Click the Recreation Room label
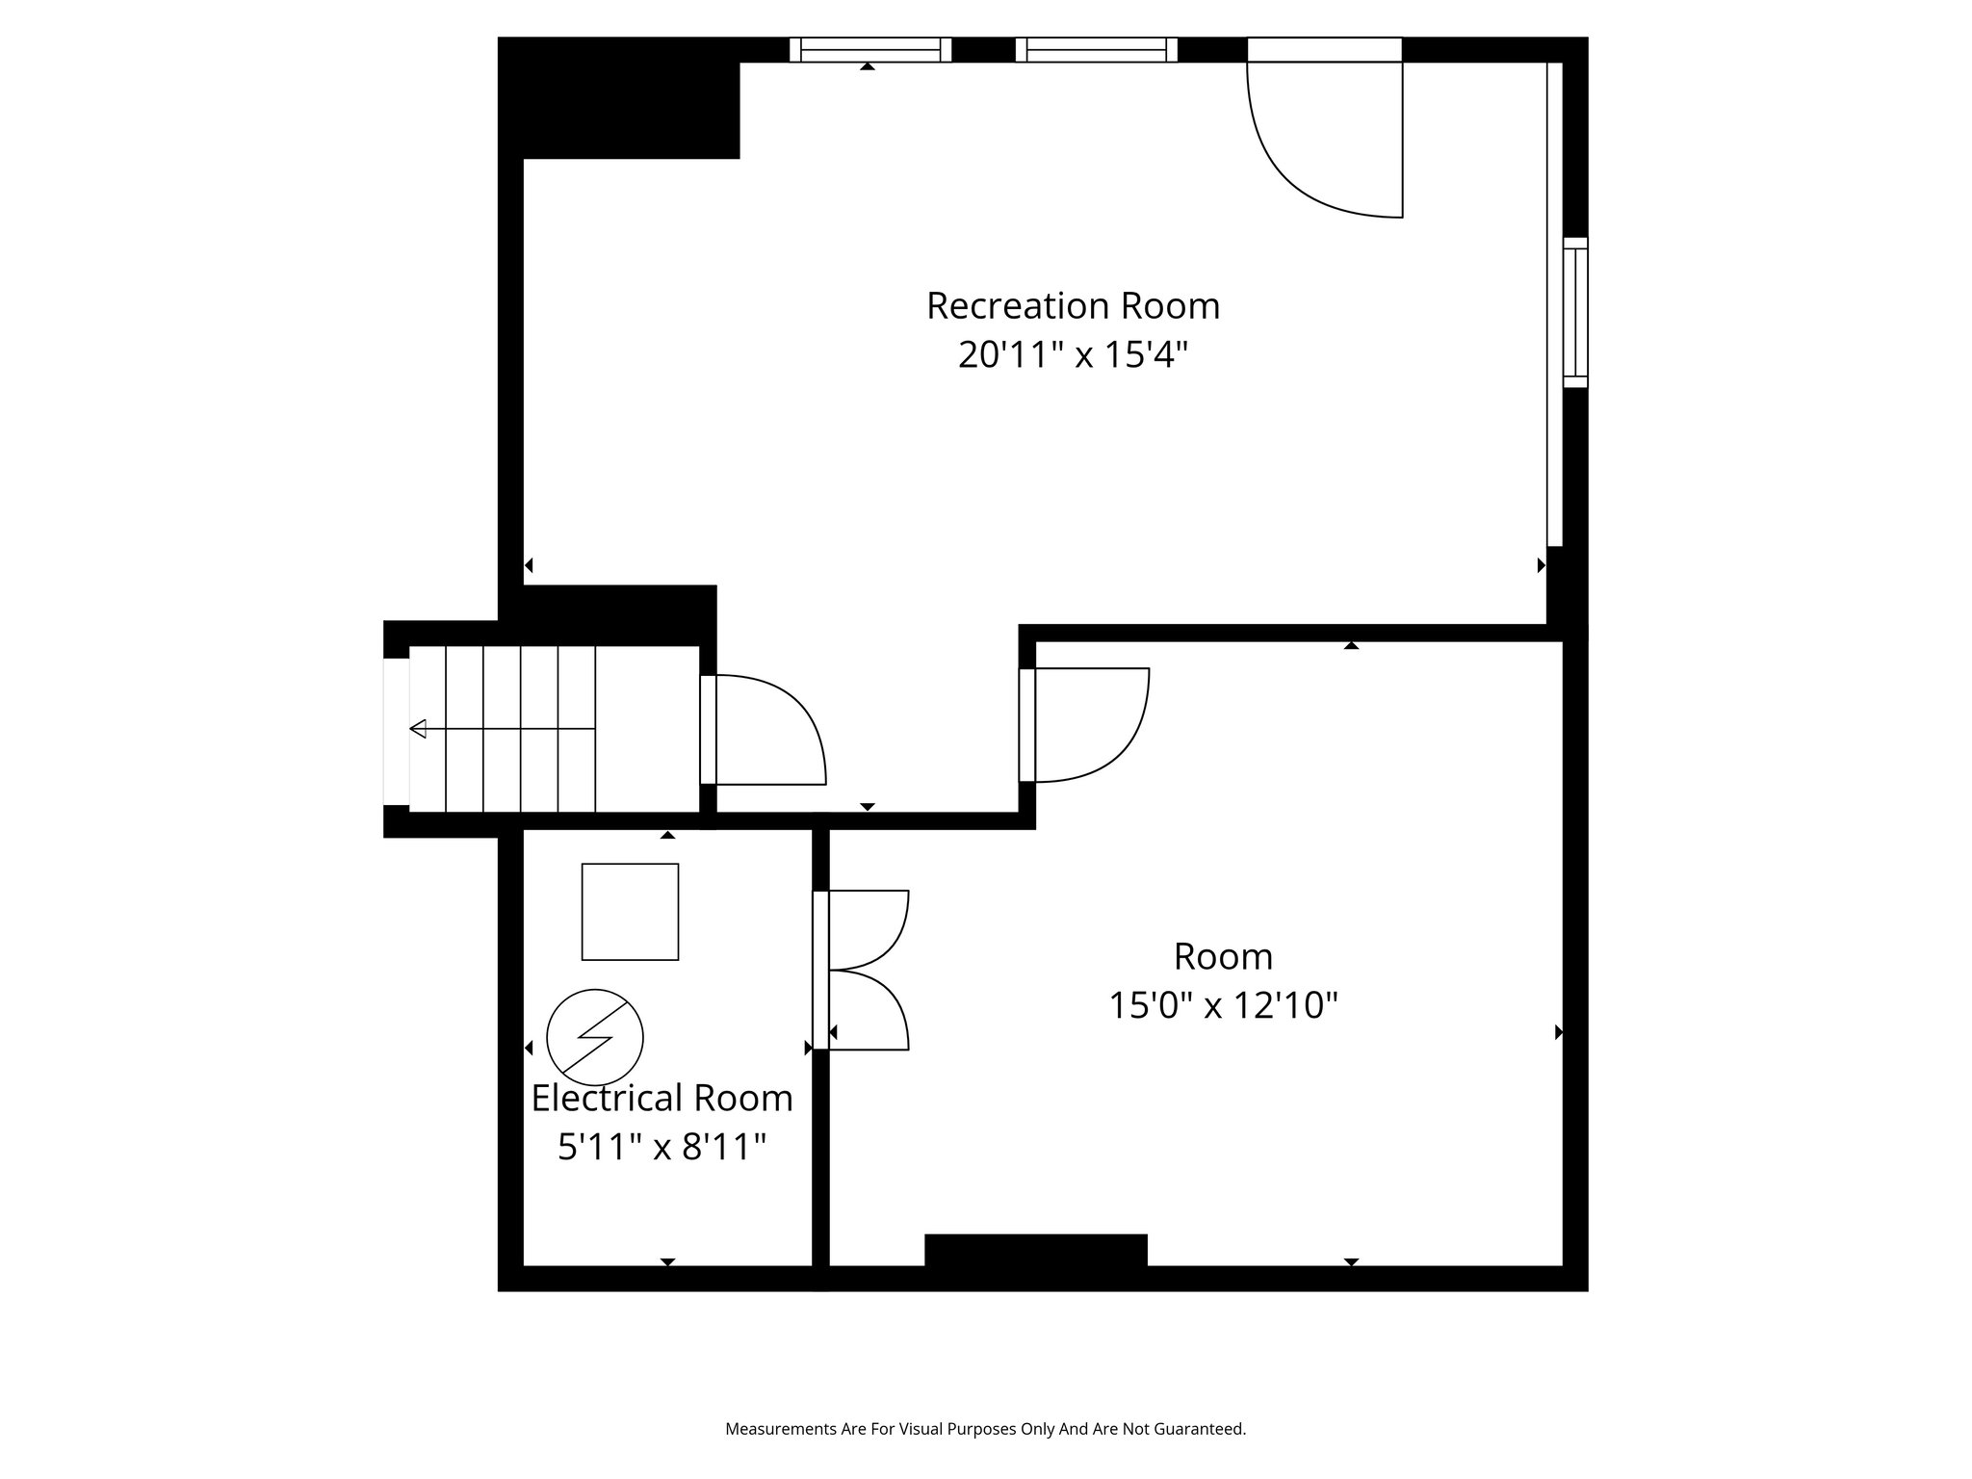pos(1073,306)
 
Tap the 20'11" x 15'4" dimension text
pos(1073,355)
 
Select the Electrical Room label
pos(662,1098)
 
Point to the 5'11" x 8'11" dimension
pos(662,1147)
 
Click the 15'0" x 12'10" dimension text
pos(1223,1006)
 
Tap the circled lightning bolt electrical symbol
pos(594,1037)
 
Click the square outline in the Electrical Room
pos(630,911)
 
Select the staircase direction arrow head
pos(418,729)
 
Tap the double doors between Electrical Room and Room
pos(862,970)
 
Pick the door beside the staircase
pos(765,729)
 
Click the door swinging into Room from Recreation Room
pos(1086,724)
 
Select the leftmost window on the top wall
pos(870,50)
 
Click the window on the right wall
pos(1574,312)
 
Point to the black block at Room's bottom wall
pos(1035,1251)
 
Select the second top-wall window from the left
pos(1096,50)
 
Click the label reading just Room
pos(1223,957)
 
